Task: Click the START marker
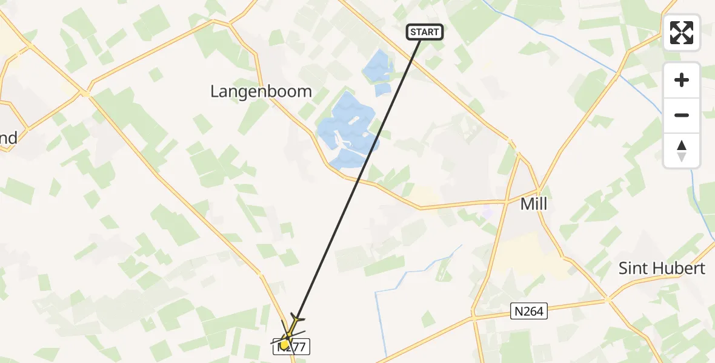pyautogui.click(x=425, y=32)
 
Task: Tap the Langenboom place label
pyautogui.click(x=261, y=91)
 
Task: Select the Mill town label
pyautogui.click(x=534, y=204)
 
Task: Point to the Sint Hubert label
pyautogui.click(x=662, y=268)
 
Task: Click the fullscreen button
pyautogui.click(x=682, y=33)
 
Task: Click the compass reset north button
pyautogui.click(x=682, y=151)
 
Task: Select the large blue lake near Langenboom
pyautogui.click(x=345, y=130)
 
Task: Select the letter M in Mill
pyautogui.click(x=526, y=204)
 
